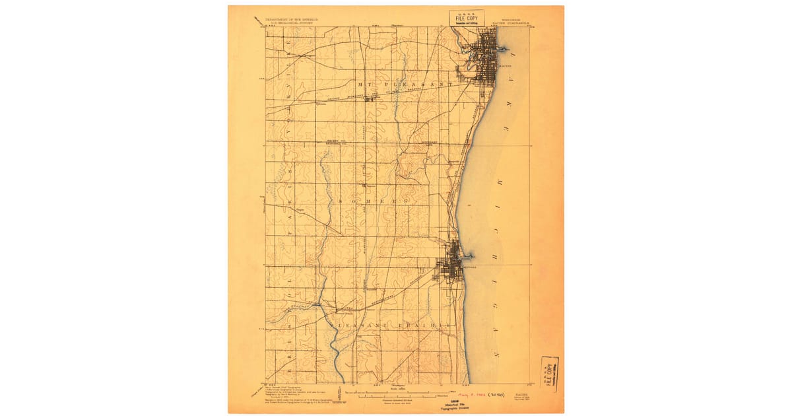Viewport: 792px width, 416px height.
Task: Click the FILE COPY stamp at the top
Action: click(467, 18)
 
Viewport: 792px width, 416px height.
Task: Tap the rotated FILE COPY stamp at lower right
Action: click(549, 374)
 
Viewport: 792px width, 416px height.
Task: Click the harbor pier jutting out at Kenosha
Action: click(471, 255)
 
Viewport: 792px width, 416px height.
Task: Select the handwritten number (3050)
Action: click(495, 395)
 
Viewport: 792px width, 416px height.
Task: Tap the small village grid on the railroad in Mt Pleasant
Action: click(370, 100)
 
